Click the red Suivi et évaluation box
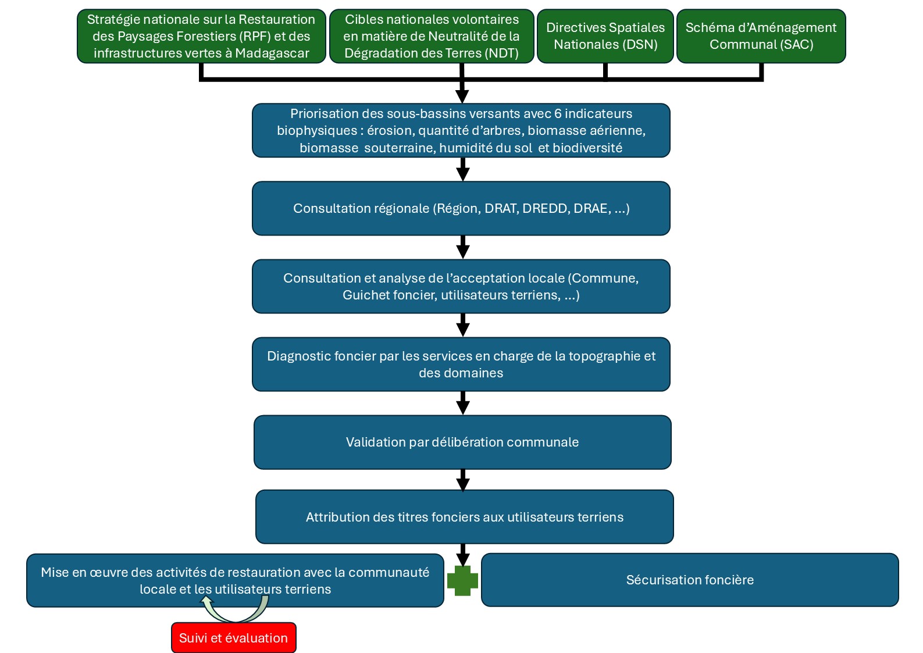pos(234,637)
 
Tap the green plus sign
pos(462,580)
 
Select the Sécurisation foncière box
pos(690,580)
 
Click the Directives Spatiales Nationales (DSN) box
pos(605,36)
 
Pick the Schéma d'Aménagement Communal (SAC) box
pos(761,36)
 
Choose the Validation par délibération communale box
pos(462,442)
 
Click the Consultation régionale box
pos(461,209)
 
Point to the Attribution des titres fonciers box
pos(464,516)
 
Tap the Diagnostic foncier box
pos(461,364)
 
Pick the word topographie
pos(604,356)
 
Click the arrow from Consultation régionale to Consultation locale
pos(463,247)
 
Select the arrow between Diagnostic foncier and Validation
pos(463,403)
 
